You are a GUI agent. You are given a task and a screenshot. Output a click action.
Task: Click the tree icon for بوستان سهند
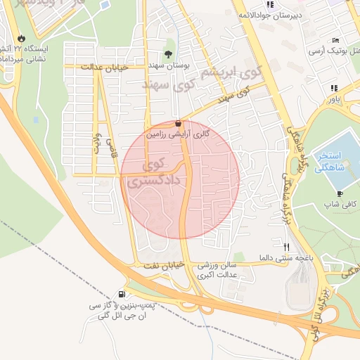click(167, 53)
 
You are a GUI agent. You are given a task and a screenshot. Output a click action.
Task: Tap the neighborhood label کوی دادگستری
click(155, 174)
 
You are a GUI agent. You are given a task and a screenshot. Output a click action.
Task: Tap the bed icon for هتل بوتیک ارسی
click(335, 40)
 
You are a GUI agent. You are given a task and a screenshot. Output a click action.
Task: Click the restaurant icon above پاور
click(334, 88)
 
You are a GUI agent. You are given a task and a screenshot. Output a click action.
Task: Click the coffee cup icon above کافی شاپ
click(340, 193)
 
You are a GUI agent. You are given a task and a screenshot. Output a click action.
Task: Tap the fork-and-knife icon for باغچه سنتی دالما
click(286, 247)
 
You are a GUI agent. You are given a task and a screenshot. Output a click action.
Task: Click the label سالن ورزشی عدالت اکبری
click(217, 270)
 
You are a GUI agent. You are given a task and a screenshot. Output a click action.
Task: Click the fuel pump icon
click(123, 295)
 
